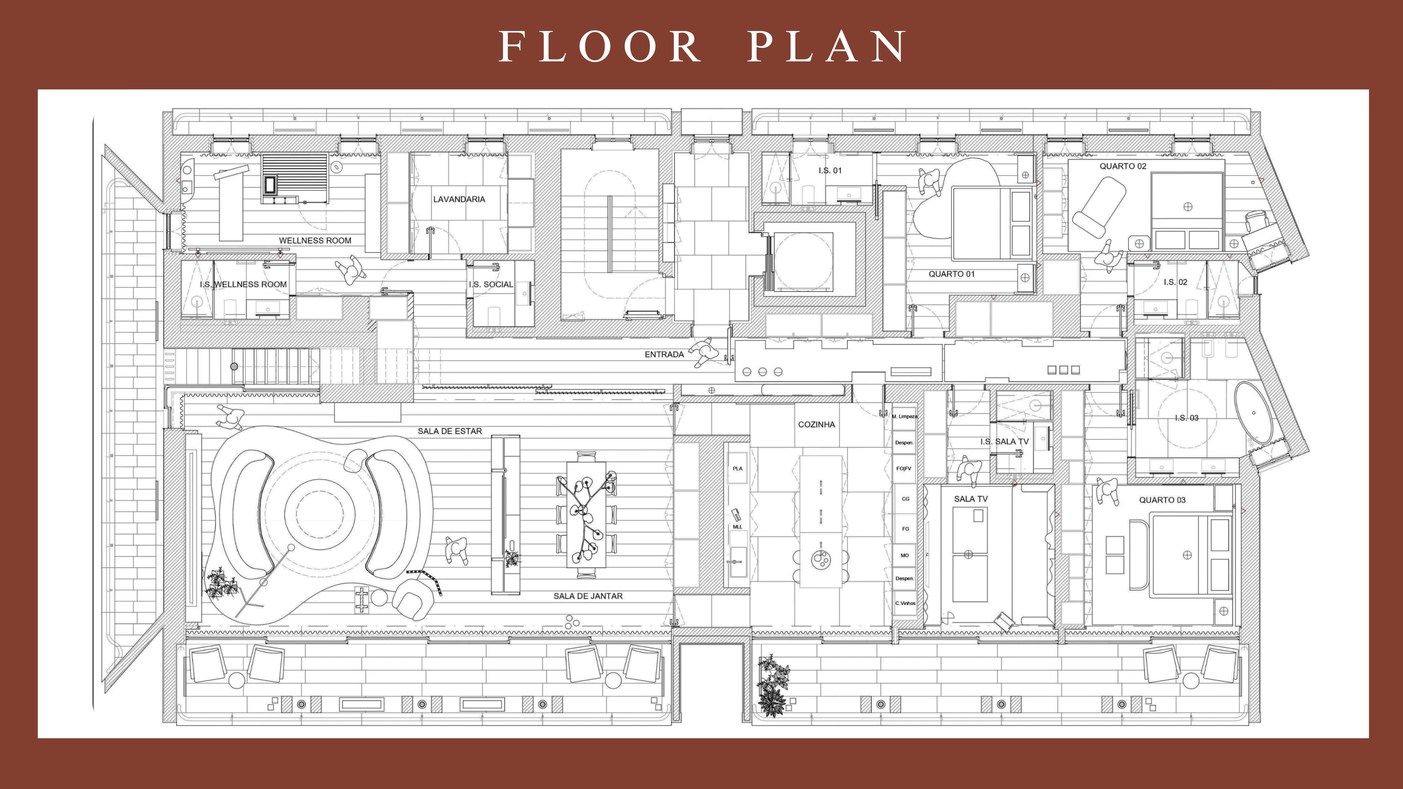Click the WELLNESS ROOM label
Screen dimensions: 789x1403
315,240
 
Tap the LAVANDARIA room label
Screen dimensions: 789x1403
459,199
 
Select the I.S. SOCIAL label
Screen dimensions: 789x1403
491,284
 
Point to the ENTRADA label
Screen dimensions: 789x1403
664,354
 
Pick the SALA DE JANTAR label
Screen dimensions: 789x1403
588,596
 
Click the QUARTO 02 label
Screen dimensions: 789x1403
1122,166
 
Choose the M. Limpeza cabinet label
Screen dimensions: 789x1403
904,416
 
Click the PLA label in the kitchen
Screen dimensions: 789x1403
737,468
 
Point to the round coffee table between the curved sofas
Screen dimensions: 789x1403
320,513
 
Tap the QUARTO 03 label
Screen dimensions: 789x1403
1162,500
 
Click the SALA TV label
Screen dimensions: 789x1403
970,499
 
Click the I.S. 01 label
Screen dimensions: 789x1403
829,171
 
